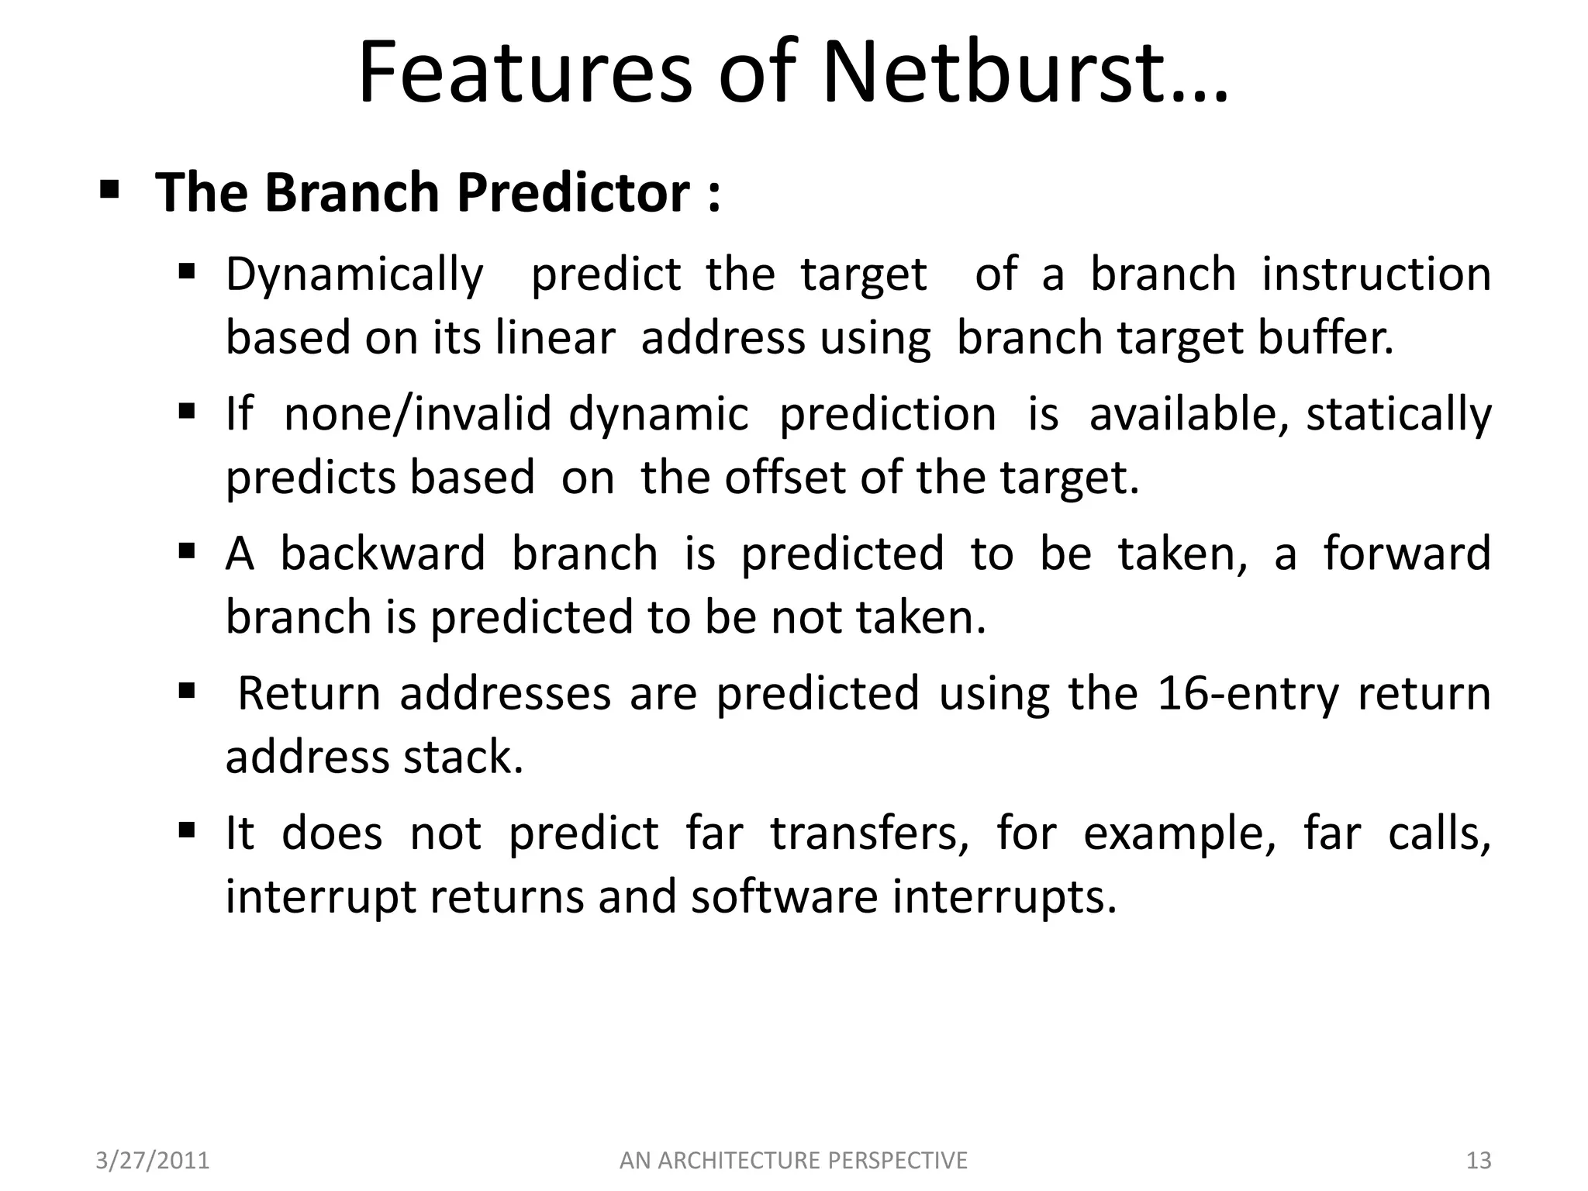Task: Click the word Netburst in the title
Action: pyautogui.click(x=1024, y=74)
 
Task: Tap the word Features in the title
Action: pyautogui.click(x=524, y=74)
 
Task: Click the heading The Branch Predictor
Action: pyautogui.click(x=438, y=192)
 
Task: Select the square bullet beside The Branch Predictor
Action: pyautogui.click(x=109, y=188)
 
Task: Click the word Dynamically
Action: pyautogui.click(x=354, y=274)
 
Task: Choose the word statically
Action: pyautogui.click(x=1398, y=413)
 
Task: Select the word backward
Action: pyautogui.click(x=382, y=554)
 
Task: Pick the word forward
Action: pyautogui.click(x=1407, y=554)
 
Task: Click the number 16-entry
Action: pyautogui.click(x=1248, y=693)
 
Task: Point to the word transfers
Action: pyautogui.click(x=869, y=834)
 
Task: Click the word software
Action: pyautogui.click(x=784, y=897)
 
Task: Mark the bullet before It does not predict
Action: pyautogui.click(x=186, y=831)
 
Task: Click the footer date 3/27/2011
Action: pyautogui.click(x=153, y=1161)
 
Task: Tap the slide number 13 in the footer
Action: pyautogui.click(x=1479, y=1161)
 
